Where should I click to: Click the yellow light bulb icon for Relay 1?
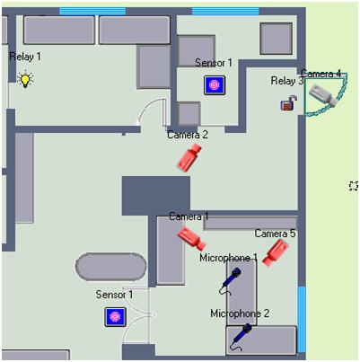click(25, 79)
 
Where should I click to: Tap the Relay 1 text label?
click(25, 57)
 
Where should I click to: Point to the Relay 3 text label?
click(287, 81)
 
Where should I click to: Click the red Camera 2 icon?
click(189, 157)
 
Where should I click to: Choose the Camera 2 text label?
click(188, 135)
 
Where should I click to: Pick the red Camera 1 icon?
click(191, 238)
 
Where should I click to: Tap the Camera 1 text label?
click(189, 216)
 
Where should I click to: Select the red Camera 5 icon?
click(276, 252)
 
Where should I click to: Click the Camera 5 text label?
click(275, 234)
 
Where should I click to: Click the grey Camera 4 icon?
click(323, 94)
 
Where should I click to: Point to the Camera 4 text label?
click(321, 74)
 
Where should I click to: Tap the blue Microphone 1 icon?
click(230, 281)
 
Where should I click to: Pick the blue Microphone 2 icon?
click(241, 337)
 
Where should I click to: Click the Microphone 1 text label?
click(228, 258)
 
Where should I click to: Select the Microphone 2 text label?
click(240, 313)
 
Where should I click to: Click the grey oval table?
click(110, 267)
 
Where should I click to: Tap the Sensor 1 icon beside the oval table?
click(115, 317)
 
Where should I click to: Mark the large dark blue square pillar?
click(156, 196)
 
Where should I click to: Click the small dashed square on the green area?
click(354, 186)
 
